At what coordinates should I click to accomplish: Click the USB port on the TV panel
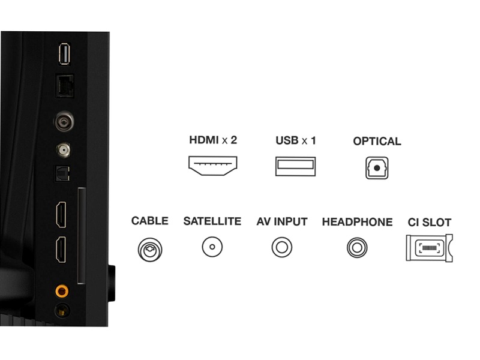(x=64, y=54)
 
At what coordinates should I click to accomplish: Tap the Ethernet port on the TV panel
(x=65, y=86)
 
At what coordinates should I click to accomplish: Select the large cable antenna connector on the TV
(x=64, y=122)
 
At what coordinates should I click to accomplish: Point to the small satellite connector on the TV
(x=63, y=150)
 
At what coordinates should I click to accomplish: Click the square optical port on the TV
(x=62, y=173)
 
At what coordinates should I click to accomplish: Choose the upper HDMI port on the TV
(x=61, y=215)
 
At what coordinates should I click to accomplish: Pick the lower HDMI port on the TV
(x=61, y=250)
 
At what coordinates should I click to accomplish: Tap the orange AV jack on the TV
(x=62, y=290)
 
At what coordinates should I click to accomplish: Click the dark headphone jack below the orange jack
(x=62, y=311)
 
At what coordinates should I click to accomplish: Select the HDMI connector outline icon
(x=213, y=166)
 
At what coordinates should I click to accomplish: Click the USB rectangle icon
(x=295, y=166)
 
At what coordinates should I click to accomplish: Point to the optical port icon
(x=377, y=168)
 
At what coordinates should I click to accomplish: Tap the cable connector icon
(x=150, y=250)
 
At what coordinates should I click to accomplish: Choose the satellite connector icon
(x=212, y=247)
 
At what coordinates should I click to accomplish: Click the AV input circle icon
(x=282, y=247)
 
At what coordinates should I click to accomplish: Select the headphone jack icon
(x=357, y=248)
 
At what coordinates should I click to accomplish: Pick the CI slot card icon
(x=429, y=248)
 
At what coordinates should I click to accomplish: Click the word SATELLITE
(x=212, y=221)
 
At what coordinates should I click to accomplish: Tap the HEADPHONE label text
(x=357, y=222)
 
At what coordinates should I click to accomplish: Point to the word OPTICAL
(x=377, y=141)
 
